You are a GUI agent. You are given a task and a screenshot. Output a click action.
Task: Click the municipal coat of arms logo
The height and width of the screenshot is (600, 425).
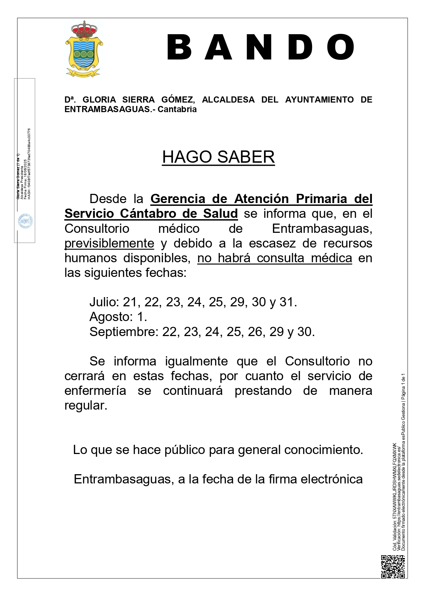coord(84,49)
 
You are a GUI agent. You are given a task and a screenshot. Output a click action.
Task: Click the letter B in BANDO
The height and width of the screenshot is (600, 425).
coord(179,48)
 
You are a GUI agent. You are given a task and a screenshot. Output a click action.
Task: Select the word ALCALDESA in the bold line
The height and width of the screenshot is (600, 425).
coord(228,99)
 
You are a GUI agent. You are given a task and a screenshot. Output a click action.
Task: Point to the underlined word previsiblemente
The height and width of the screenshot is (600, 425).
coord(109,243)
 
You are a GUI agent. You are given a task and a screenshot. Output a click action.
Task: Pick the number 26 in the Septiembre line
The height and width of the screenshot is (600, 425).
coord(255,332)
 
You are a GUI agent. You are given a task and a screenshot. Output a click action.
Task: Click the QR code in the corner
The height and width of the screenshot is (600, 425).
coord(393,566)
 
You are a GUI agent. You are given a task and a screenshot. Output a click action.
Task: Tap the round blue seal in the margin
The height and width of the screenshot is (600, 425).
coord(25,222)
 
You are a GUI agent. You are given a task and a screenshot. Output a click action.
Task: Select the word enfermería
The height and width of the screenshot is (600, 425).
coord(95,390)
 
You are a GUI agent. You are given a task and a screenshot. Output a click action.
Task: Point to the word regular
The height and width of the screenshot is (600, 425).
coord(86,405)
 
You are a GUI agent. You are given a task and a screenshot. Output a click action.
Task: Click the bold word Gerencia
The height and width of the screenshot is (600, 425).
coord(178,199)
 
